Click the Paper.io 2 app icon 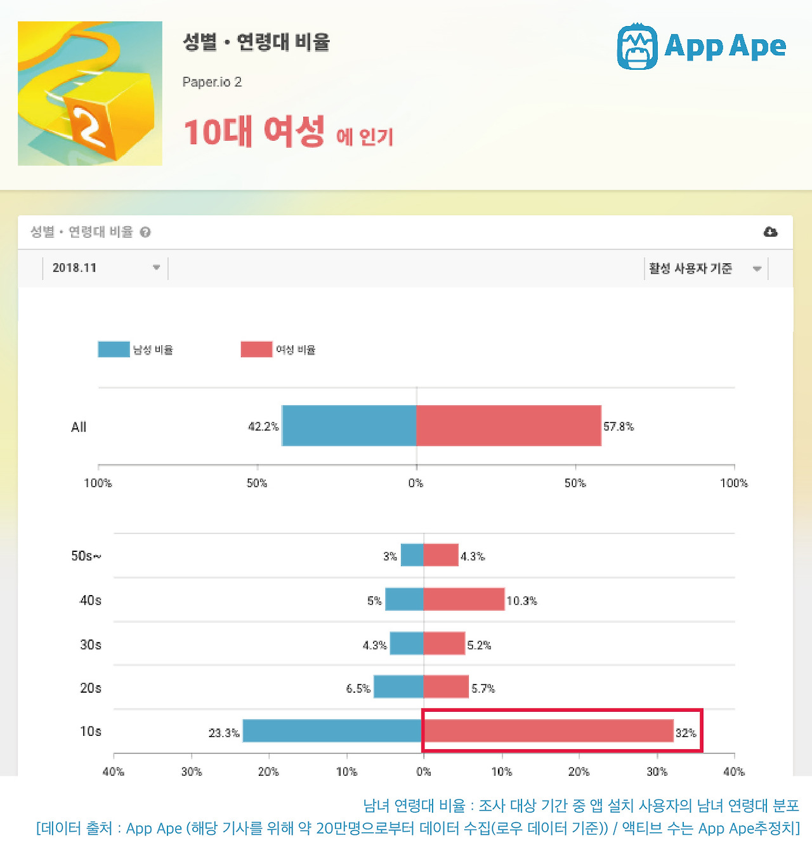pyautogui.click(x=90, y=93)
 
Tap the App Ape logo pyautogui.click(x=701, y=46)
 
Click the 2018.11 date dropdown pyautogui.click(x=105, y=268)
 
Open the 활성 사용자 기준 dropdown pyautogui.click(x=704, y=268)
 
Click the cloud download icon pyautogui.click(x=770, y=232)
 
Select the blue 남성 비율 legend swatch pyautogui.click(x=114, y=350)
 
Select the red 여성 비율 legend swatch pyautogui.click(x=256, y=350)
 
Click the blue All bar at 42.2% pyautogui.click(x=349, y=426)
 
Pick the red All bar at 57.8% pyautogui.click(x=509, y=426)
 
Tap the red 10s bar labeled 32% pyautogui.click(x=548, y=731)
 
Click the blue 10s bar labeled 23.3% pyautogui.click(x=333, y=731)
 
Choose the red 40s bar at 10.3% pyautogui.click(x=464, y=600)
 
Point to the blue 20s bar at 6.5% pyautogui.click(x=398, y=687)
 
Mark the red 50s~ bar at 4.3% pyautogui.click(x=441, y=555)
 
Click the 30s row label pyautogui.click(x=91, y=645)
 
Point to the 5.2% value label pyautogui.click(x=479, y=645)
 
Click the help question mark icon pyautogui.click(x=145, y=232)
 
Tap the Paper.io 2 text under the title pyautogui.click(x=212, y=82)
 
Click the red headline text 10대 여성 pyautogui.click(x=254, y=131)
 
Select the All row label pyautogui.click(x=79, y=427)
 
